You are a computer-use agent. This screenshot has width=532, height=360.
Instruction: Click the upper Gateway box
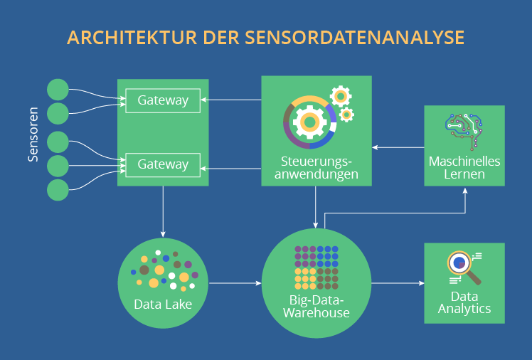(x=163, y=100)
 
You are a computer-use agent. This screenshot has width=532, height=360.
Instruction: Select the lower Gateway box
(x=163, y=164)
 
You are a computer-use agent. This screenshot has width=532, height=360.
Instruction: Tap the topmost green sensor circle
(x=58, y=90)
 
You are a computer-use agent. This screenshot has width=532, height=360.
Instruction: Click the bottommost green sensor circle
(x=58, y=190)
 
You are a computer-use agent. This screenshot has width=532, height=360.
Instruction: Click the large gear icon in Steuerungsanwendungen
(x=309, y=122)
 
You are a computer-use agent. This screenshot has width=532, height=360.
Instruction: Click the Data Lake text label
(x=163, y=305)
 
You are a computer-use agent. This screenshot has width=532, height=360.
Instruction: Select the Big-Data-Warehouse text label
(x=316, y=305)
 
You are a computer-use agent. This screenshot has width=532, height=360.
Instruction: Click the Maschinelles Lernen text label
(x=464, y=168)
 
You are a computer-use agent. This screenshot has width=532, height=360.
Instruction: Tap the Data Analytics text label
(x=464, y=302)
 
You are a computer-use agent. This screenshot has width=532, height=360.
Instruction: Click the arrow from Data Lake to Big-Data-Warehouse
(x=235, y=283)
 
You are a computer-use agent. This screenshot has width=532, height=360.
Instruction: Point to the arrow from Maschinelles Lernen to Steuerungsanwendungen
(x=398, y=147)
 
